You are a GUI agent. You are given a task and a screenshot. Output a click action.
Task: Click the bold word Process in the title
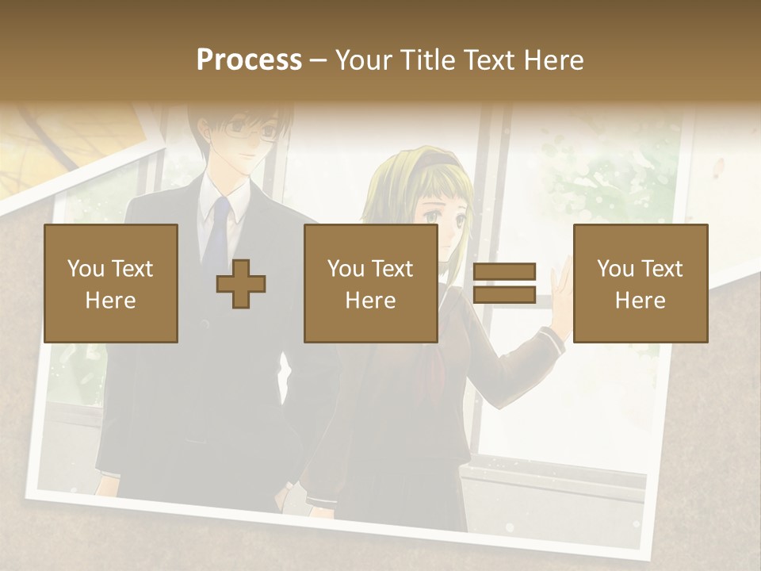pos(249,59)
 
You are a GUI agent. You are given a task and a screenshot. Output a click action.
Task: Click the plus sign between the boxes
pos(241,284)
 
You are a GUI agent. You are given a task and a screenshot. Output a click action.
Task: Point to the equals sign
pos(504,283)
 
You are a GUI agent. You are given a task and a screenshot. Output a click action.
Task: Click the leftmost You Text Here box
pos(111,283)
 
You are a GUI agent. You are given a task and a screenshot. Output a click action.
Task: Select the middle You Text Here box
pos(371,283)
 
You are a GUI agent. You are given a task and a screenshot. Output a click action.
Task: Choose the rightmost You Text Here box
pos(641,283)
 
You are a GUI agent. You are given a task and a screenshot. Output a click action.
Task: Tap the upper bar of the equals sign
pos(504,272)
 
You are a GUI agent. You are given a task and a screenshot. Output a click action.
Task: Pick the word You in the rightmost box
pos(614,269)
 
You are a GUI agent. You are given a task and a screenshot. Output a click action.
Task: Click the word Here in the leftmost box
pos(111,301)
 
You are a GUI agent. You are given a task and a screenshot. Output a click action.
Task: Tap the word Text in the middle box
pos(392,269)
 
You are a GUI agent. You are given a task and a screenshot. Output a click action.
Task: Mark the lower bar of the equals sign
pos(504,294)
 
